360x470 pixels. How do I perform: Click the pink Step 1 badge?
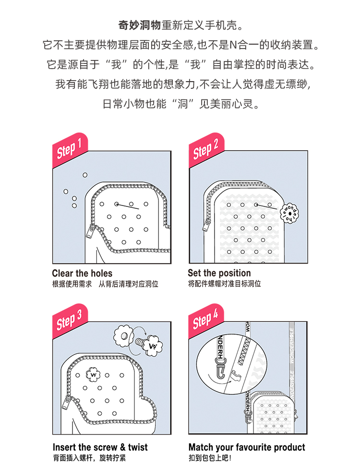coord(70,150)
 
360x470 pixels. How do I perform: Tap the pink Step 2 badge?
coord(206,150)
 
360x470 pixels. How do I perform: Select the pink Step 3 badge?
coord(70,321)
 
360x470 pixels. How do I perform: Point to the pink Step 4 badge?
coord(206,321)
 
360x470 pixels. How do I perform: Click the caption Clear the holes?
coord(82,273)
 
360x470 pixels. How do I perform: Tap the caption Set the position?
coord(219,273)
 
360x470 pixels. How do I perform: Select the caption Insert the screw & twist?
coord(100,447)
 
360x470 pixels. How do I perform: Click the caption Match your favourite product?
coord(247,447)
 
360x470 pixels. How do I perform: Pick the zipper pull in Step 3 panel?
coord(66,402)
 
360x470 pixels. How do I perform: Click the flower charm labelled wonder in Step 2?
coord(289,214)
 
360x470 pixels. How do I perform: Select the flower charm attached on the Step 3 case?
coord(93,374)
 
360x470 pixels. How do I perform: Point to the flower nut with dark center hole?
coord(123,336)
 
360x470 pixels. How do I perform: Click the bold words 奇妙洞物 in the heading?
coord(140,25)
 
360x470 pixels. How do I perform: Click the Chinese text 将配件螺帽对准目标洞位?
coord(225,284)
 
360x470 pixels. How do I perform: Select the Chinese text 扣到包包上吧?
coord(210,458)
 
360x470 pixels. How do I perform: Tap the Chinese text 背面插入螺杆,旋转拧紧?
coord(89,458)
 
